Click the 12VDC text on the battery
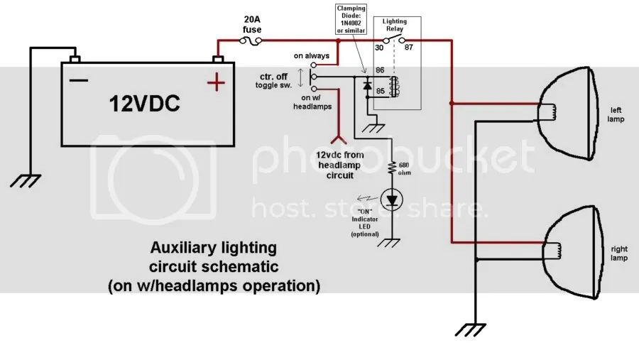click(x=145, y=104)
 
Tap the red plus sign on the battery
click(x=214, y=84)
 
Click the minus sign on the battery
click(x=79, y=80)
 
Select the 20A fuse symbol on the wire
click(x=252, y=43)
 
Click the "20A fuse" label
click(x=253, y=25)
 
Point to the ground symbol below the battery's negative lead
click(x=29, y=180)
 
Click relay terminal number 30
click(x=378, y=48)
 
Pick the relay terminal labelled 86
click(x=380, y=71)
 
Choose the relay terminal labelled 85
click(x=380, y=92)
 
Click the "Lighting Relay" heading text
click(x=394, y=26)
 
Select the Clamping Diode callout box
click(x=351, y=21)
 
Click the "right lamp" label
click(x=616, y=253)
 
